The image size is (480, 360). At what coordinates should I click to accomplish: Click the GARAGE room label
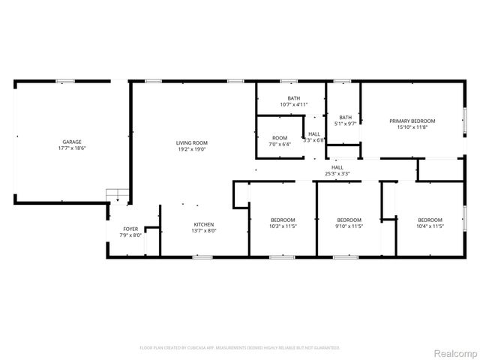tap(72, 142)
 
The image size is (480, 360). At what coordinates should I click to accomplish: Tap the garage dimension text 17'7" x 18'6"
tap(72, 148)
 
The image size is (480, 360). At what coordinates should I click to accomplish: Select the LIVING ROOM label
tap(192, 142)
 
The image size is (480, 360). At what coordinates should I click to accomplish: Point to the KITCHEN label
tap(205, 224)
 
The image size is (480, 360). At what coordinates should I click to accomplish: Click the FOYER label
tap(131, 229)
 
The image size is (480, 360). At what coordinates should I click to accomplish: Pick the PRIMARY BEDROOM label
tap(412, 121)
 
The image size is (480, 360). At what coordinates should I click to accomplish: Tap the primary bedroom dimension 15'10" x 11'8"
tap(412, 127)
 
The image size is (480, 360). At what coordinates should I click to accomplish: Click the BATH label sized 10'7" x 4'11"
tap(294, 98)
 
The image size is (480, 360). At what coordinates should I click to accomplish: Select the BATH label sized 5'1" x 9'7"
tap(345, 117)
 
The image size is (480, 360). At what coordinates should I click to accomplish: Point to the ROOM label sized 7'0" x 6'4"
tap(280, 138)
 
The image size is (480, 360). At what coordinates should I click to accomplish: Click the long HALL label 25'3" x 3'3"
tap(337, 167)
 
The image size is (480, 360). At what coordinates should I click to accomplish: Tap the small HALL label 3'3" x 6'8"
tap(313, 134)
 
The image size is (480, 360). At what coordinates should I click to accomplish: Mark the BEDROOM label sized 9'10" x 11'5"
tap(349, 220)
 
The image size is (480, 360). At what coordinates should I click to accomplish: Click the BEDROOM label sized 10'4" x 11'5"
tap(430, 220)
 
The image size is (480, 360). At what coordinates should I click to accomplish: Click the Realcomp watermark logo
tap(451, 352)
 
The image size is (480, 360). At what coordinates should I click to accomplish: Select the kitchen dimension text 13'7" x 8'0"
tap(205, 231)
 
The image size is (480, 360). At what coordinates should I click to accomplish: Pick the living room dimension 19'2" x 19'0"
tap(192, 149)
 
